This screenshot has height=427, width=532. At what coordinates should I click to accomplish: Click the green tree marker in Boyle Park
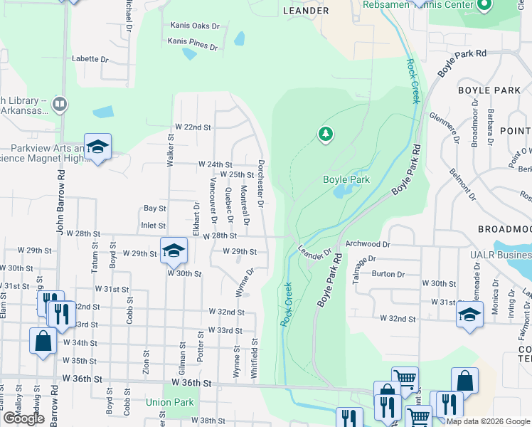325,134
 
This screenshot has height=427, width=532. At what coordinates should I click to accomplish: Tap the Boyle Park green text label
346,180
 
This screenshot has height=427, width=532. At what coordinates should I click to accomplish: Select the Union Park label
170,402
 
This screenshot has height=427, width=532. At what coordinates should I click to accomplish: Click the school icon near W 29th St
173,250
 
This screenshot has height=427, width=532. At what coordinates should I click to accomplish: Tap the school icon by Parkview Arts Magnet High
97,147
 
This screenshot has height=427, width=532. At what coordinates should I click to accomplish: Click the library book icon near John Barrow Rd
60,105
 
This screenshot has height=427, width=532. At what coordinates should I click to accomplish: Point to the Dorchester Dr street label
262,184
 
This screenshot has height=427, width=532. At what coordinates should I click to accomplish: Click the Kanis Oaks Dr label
195,26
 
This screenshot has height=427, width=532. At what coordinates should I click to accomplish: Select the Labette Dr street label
90,59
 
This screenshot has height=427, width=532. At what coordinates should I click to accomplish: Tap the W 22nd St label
193,127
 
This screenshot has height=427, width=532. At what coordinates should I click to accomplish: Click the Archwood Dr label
368,244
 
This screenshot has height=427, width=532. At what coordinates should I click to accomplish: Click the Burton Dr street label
388,273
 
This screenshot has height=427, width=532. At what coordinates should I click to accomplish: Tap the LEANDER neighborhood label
306,11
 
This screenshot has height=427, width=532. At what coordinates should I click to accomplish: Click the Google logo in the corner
23,418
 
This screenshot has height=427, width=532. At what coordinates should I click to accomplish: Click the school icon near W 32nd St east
469,315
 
